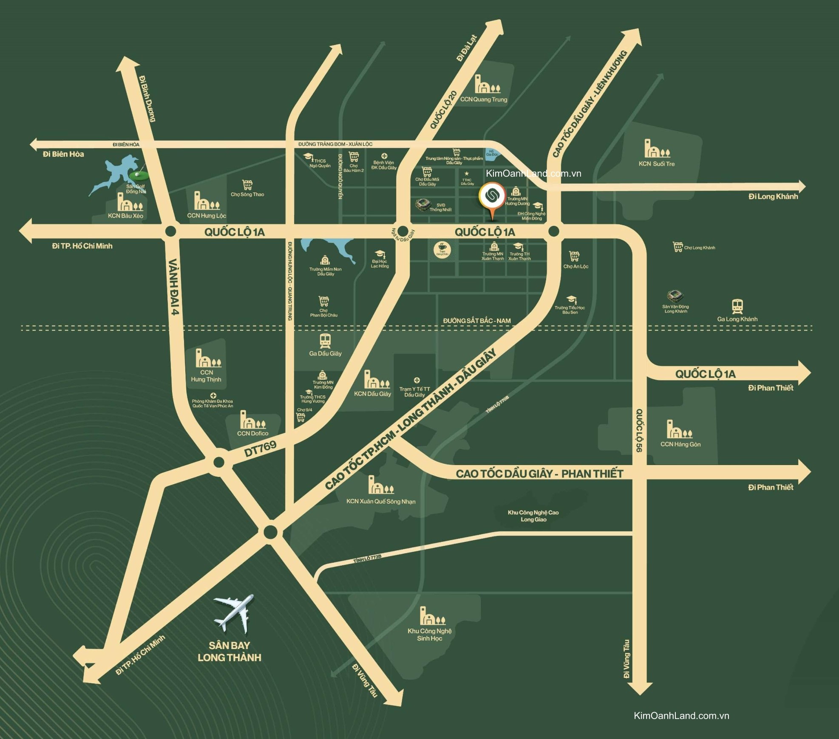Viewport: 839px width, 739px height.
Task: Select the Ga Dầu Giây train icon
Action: pyautogui.click(x=326, y=340)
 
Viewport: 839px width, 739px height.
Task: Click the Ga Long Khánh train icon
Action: pyautogui.click(x=737, y=306)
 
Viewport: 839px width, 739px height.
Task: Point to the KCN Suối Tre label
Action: pyautogui.click(x=657, y=164)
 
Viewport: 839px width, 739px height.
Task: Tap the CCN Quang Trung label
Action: pyautogui.click(x=484, y=99)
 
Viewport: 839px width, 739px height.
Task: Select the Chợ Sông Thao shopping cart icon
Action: pyautogui.click(x=247, y=185)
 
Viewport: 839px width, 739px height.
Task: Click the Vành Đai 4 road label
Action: pyautogui.click(x=175, y=287)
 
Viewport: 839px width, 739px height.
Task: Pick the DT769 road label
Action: pyautogui.click(x=261, y=448)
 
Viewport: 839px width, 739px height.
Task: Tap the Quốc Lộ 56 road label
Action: pyautogui.click(x=639, y=430)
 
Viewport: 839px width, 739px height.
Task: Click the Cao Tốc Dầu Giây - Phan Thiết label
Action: pyautogui.click(x=539, y=474)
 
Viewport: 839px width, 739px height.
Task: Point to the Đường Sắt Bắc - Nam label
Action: pyautogui.click(x=477, y=321)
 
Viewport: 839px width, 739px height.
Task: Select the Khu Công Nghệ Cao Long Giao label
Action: pyautogui.click(x=533, y=516)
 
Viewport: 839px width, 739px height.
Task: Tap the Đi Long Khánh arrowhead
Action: pyautogui.click(x=802, y=186)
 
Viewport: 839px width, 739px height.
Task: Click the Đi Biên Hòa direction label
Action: pyautogui.click(x=63, y=154)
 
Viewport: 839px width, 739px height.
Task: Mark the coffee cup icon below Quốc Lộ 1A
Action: pyautogui.click(x=442, y=249)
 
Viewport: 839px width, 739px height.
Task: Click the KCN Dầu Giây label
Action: pyautogui.click(x=372, y=394)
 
